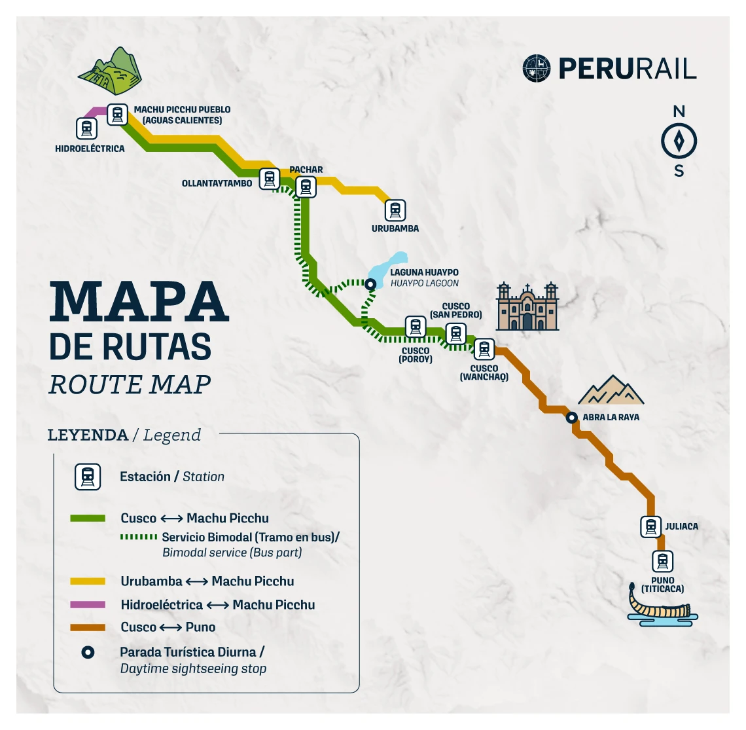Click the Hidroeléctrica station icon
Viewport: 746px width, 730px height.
[86, 128]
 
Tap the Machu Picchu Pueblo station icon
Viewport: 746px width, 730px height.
[117, 115]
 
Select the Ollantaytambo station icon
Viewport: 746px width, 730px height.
[269, 178]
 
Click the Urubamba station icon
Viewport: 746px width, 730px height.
[395, 210]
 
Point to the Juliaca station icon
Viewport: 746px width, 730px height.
[650, 526]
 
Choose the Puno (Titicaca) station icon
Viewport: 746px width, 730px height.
[662, 561]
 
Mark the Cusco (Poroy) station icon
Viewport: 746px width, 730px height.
[415, 327]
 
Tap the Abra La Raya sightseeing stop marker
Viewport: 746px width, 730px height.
[571, 417]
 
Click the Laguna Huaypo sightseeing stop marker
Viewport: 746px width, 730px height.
[370, 284]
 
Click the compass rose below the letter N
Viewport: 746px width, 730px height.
[679, 141]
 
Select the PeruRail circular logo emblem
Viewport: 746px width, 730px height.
[537, 68]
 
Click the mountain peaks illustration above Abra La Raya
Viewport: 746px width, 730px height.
[611, 390]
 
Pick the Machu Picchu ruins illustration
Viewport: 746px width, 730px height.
[111, 71]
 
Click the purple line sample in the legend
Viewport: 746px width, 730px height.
[88, 604]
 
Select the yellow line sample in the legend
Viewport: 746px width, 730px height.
[88, 581]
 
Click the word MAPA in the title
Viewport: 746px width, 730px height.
[139, 301]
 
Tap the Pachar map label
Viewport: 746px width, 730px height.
[306, 170]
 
